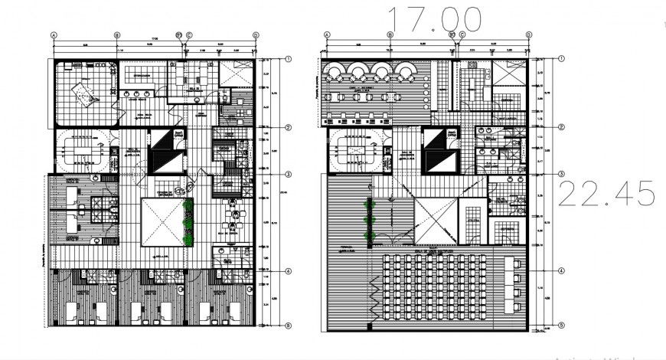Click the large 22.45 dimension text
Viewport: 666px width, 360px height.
coord(606,194)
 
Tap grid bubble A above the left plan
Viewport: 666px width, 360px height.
coord(54,35)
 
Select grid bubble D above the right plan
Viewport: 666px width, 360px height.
coord(527,35)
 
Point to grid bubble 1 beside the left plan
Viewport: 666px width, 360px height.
coord(288,59)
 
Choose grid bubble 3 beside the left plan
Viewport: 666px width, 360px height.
coord(288,175)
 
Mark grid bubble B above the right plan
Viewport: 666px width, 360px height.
coord(390,35)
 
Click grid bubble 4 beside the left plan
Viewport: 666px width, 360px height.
coord(288,271)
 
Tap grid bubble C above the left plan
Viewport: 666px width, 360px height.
coord(188,35)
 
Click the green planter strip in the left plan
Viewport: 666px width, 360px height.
coord(188,222)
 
